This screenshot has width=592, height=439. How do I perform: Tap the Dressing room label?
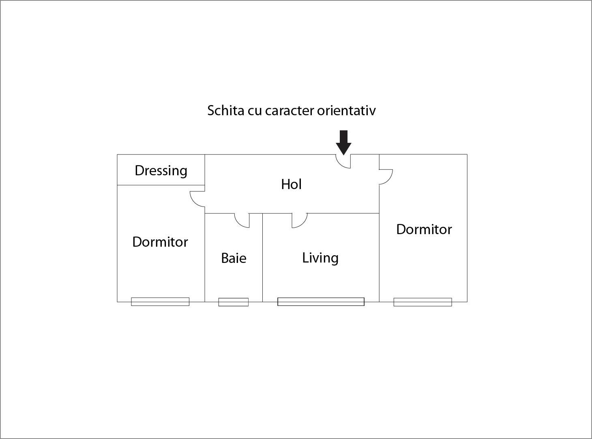pyautogui.click(x=161, y=170)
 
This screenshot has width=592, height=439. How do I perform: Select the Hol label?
pyautogui.click(x=291, y=184)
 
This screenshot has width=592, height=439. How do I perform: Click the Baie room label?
pyautogui.click(x=234, y=258)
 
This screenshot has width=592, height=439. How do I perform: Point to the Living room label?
pyautogui.click(x=320, y=258)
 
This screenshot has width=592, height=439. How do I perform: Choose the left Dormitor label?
pyautogui.click(x=160, y=242)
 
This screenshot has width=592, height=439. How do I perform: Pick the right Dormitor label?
pyautogui.click(x=424, y=229)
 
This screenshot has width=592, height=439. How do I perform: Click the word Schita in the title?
pyautogui.click(x=225, y=110)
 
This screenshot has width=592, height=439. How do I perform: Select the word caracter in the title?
pyautogui.click(x=289, y=110)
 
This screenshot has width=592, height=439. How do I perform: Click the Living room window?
pyautogui.click(x=321, y=301)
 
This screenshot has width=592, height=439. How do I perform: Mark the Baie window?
pyautogui.click(x=234, y=302)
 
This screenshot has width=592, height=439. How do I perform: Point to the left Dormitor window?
pyautogui.click(x=160, y=301)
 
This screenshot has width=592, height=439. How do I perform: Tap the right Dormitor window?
pyautogui.click(x=423, y=302)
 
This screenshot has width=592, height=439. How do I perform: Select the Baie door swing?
pyautogui.click(x=242, y=221)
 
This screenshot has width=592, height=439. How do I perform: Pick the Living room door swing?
pyautogui.click(x=299, y=221)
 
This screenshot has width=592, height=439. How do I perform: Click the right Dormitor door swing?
pyautogui.click(x=386, y=177)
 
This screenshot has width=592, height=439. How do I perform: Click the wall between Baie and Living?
pyautogui.click(x=262, y=260)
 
